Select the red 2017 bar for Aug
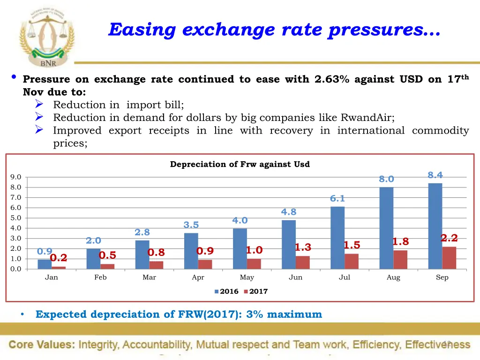[x=400, y=259]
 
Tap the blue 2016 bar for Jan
[x=45, y=264]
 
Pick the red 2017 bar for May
[x=254, y=263]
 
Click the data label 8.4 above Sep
[x=435, y=175]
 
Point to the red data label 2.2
[x=449, y=238]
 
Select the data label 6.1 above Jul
[x=337, y=199]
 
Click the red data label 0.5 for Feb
[x=107, y=255]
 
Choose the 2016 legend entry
[x=226, y=292]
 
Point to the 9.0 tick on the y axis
[x=15, y=177]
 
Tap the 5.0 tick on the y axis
[x=15, y=218]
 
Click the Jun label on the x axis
[x=295, y=277]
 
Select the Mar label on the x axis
[x=149, y=277]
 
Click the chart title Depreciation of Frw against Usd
[x=240, y=165]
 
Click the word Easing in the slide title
[x=142, y=30]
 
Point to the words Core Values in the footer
[x=41, y=345]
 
